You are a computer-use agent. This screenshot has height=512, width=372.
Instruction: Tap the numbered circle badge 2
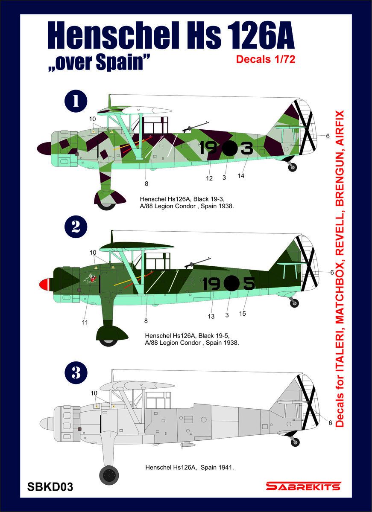(x=76, y=227)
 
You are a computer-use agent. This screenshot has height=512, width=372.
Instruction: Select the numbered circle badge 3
(x=76, y=372)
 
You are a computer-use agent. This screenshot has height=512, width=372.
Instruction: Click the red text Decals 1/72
(x=265, y=59)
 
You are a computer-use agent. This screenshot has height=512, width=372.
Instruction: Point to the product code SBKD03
(x=50, y=487)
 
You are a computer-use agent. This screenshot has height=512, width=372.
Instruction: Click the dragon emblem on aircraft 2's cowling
(x=90, y=279)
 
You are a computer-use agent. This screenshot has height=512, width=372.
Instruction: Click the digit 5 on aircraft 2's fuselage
(x=249, y=283)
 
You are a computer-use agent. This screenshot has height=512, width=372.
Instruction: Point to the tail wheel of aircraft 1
(x=292, y=167)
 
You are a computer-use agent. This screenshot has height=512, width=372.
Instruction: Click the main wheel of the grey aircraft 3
(x=108, y=475)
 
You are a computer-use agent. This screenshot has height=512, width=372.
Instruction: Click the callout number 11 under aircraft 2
(x=85, y=323)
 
